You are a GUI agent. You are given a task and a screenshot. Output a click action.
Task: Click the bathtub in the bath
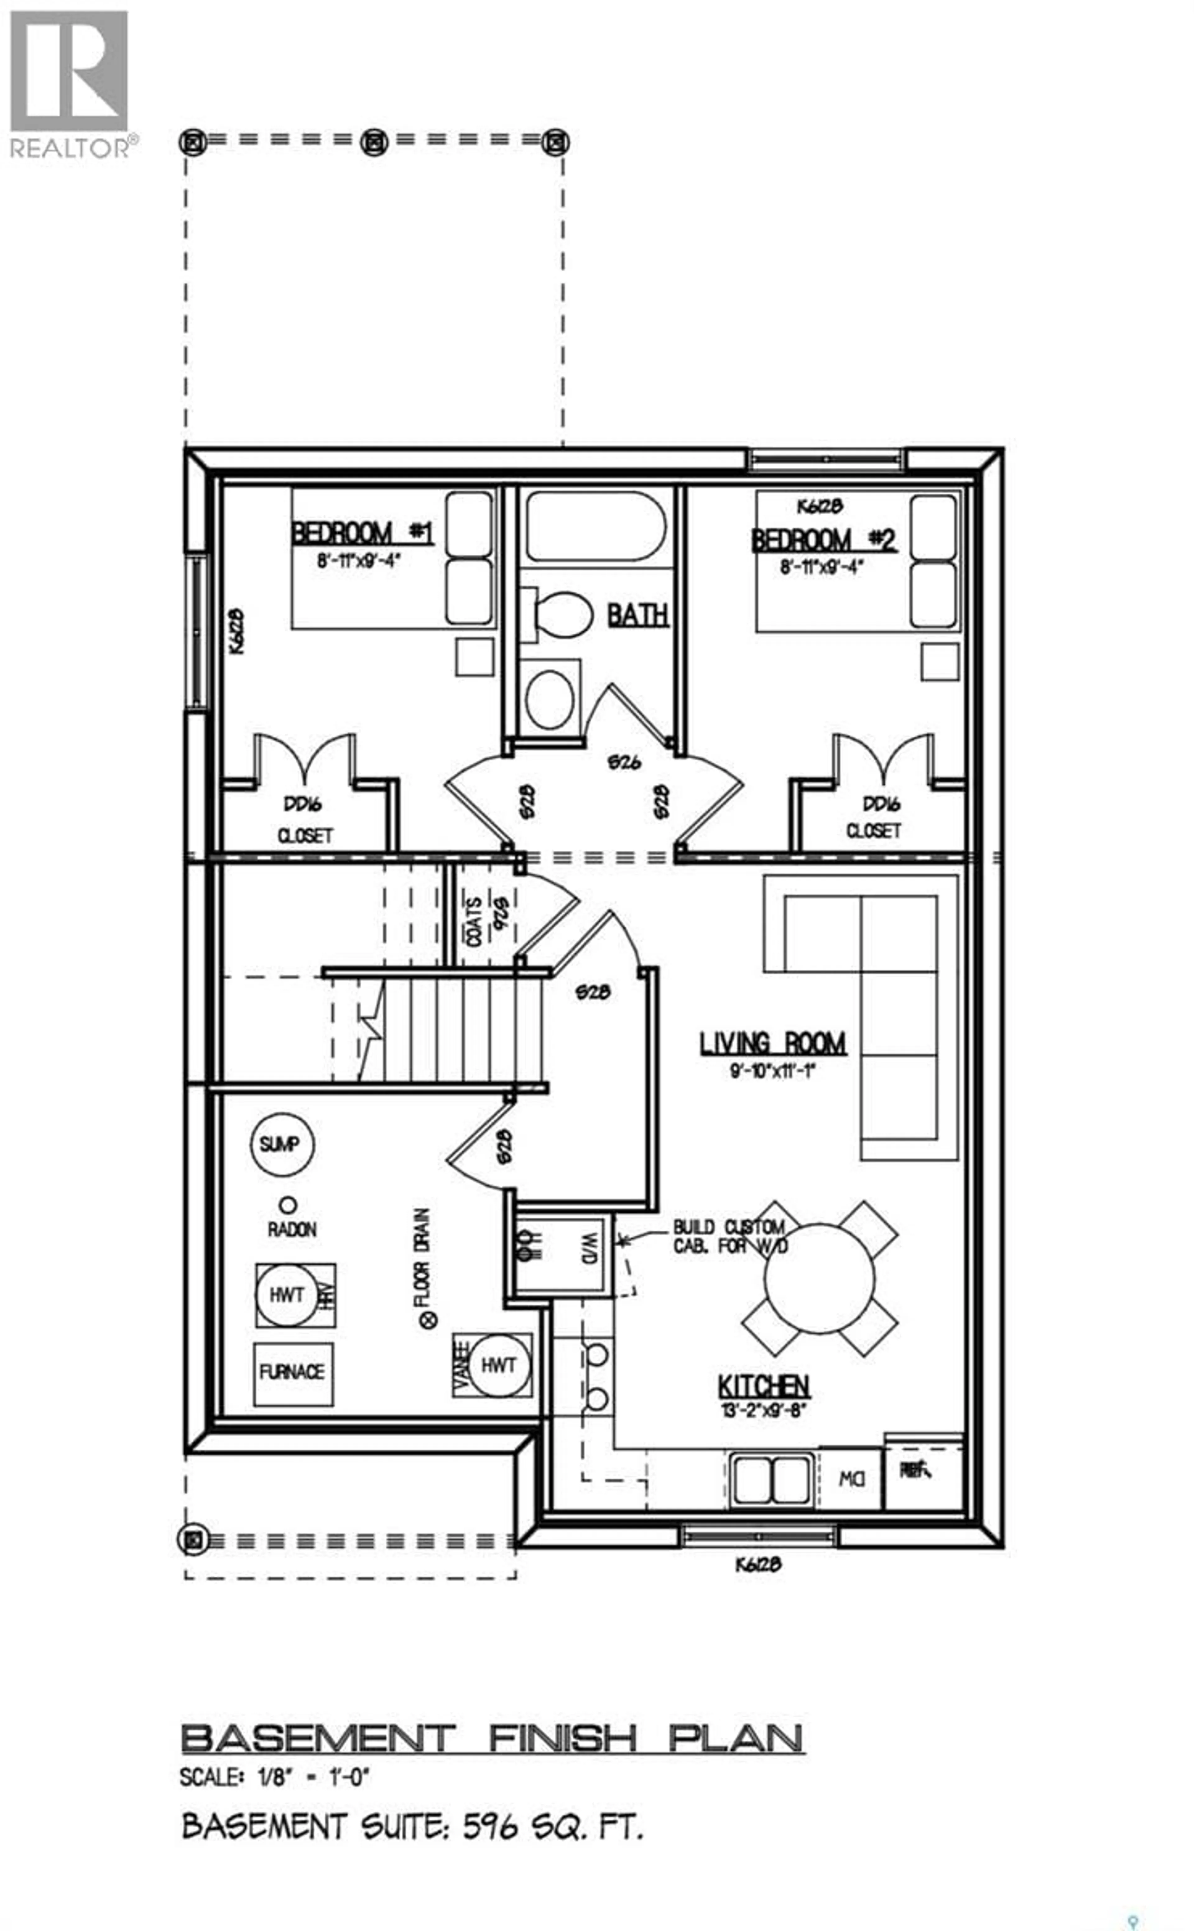click(596, 526)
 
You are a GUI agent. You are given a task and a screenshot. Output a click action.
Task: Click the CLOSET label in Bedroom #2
click(872, 831)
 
